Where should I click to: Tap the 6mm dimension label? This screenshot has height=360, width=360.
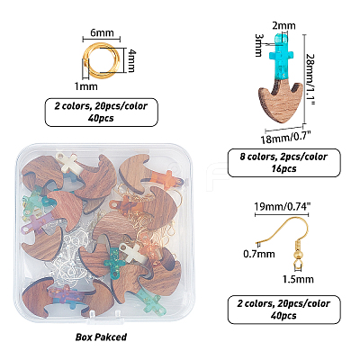(x=102, y=32)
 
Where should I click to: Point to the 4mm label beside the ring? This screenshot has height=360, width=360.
(x=131, y=61)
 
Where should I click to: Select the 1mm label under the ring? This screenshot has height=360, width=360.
(x=85, y=86)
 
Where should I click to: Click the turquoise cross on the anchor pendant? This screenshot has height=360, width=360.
(x=282, y=57)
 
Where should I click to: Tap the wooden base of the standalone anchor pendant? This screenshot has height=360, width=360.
(x=281, y=101)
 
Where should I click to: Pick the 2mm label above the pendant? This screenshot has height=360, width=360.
(x=283, y=26)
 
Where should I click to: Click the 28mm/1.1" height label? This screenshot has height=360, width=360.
(x=311, y=79)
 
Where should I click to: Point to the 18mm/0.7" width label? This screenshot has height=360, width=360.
(x=285, y=139)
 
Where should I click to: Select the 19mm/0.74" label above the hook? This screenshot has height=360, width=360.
(x=282, y=206)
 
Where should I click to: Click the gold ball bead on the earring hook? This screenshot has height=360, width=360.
(x=296, y=255)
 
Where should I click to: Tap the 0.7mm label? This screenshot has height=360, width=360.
(x=259, y=254)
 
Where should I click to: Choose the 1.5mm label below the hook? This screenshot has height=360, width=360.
(x=298, y=279)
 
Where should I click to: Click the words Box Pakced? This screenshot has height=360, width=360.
(x=101, y=337)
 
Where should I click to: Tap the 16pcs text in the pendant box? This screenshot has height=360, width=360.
(x=283, y=168)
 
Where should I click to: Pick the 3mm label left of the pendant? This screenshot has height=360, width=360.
(x=258, y=45)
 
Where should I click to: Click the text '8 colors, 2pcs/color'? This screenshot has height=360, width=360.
(x=283, y=157)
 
